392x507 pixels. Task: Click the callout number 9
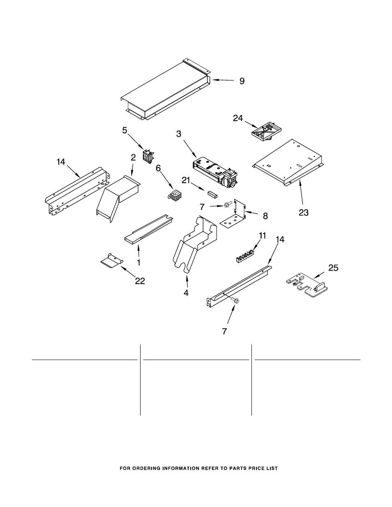[242, 81]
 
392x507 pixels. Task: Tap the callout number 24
[238, 118]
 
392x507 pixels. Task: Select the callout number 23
[304, 212]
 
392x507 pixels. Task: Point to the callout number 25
[333, 268]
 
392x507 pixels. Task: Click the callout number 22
[140, 281]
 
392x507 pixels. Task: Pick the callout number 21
[186, 180]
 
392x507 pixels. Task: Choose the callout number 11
[263, 236]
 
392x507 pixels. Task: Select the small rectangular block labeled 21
[212, 194]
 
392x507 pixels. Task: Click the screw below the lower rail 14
[235, 300]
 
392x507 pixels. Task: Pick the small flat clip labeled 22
[112, 260]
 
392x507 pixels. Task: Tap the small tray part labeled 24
[266, 131]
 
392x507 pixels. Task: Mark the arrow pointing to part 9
[223, 80]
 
